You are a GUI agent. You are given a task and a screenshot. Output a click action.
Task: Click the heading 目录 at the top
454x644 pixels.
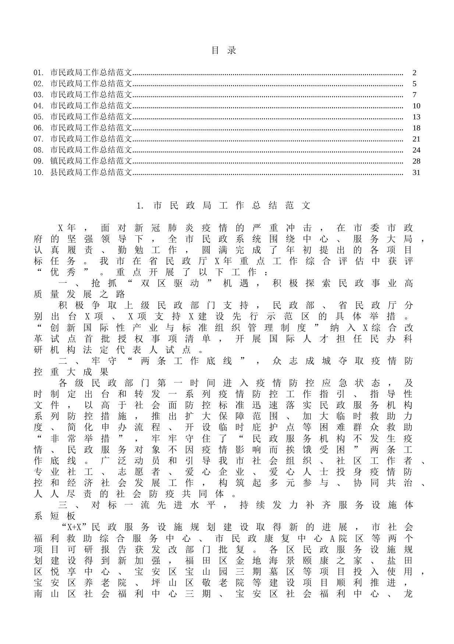[224, 50]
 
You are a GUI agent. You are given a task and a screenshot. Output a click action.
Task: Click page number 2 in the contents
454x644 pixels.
[415, 73]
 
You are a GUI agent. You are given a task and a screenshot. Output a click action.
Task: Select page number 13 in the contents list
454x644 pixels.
[416, 117]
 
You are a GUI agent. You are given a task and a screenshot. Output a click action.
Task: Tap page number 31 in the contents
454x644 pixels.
[416, 172]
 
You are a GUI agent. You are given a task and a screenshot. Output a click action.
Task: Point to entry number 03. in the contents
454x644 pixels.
[39, 95]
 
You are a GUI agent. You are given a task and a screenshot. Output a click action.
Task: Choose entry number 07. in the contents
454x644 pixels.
[39, 139]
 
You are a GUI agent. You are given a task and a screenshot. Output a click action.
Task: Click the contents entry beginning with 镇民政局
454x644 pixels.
[91, 161]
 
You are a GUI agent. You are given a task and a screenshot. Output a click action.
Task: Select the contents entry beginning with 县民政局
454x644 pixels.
[91, 172]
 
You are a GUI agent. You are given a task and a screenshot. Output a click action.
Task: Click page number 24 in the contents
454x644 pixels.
[416, 150]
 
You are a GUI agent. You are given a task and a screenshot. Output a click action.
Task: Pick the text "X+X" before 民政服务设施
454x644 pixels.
[74, 527]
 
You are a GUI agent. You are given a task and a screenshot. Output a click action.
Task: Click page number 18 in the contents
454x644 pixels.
[416, 128]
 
